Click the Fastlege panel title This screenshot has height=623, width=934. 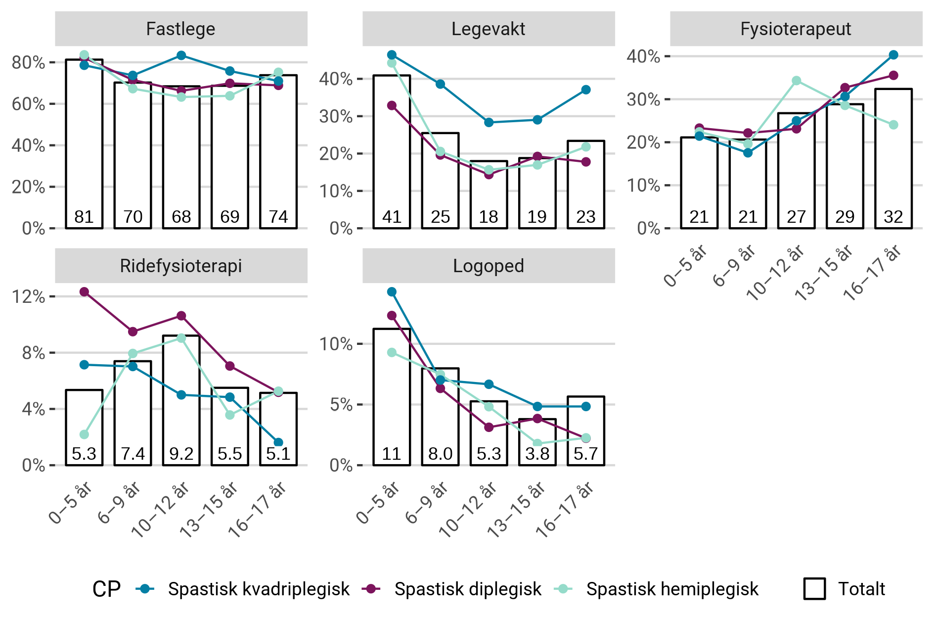pyautogui.click(x=180, y=29)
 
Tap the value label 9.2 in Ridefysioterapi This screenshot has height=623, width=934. pyautogui.click(x=181, y=454)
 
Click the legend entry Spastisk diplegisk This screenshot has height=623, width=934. pyautogui.click(x=467, y=589)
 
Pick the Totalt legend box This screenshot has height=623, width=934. pyautogui.click(x=814, y=589)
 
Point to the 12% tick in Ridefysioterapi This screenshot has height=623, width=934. pyautogui.click(x=29, y=297)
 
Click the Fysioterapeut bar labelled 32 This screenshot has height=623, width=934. pyautogui.click(x=893, y=158)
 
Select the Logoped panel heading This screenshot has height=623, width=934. pyautogui.click(x=488, y=266)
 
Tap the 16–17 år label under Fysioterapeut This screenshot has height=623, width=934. pyautogui.click(x=873, y=272)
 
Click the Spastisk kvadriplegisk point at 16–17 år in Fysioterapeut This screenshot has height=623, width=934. pyautogui.click(x=893, y=55)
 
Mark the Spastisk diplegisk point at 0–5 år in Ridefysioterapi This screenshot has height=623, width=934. pyautogui.click(x=85, y=292)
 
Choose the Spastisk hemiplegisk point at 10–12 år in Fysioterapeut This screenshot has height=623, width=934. pyautogui.click(x=796, y=81)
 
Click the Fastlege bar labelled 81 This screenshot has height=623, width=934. pyautogui.click(x=85, y=144)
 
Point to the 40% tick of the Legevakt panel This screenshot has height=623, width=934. pyautogui.click(x=336, y=79)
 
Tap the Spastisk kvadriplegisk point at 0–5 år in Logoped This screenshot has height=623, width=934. pyautogui.click(x=392, y=292)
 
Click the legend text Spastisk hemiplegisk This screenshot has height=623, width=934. pyautogui.click(x=672, y=589)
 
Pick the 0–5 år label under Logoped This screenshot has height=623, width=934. pyautogui.click(x=378, y=502)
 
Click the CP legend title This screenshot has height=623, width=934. pyautogui.click(x=106, y=589)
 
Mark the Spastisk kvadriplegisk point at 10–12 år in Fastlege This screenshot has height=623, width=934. pyautogui.click(x=181, y=55)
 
